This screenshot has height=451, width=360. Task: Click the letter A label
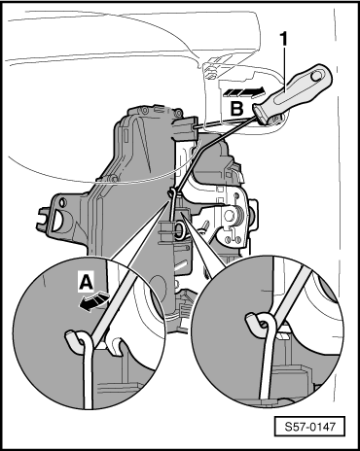coord(87,283)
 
